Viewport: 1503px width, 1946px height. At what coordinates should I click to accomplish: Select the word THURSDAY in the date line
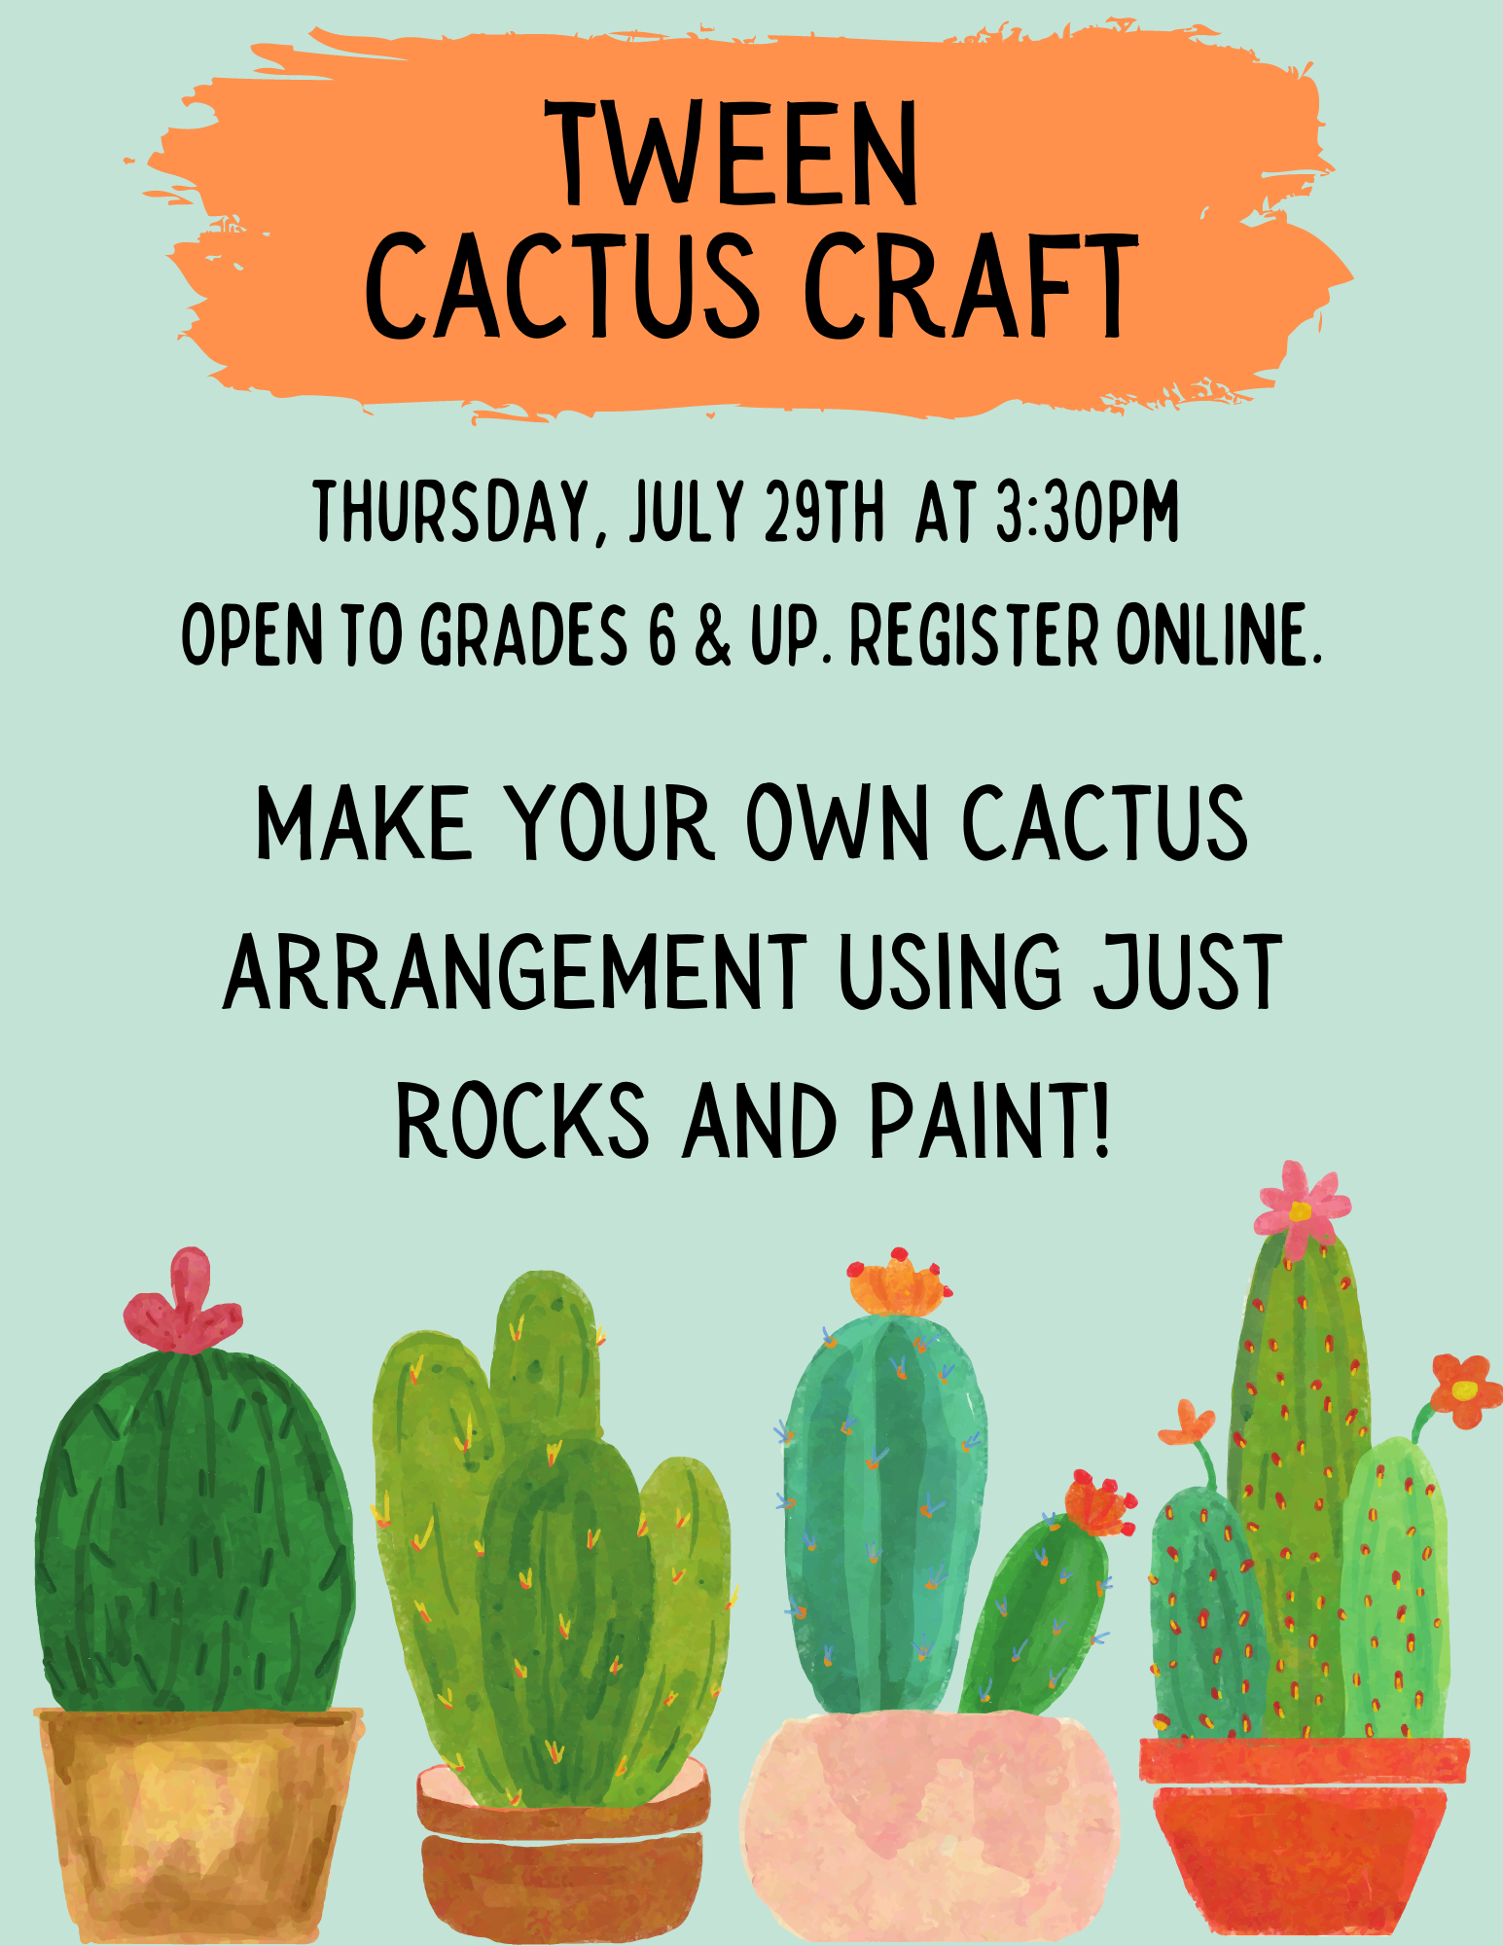pos(452,512)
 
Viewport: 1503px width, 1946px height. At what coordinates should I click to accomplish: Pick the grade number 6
pos(662,634)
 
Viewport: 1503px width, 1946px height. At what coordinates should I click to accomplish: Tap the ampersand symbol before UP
pos(713,634)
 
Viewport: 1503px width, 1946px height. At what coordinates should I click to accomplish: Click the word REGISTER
pos(974,634)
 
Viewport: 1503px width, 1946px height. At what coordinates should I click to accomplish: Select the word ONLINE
pos(1219,634)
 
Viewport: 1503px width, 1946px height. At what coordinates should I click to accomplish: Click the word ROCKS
pos(522,1121)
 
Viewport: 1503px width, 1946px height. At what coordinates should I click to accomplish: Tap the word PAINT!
pos(989,1121)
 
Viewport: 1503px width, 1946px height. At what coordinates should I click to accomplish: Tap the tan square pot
pos(198,1824)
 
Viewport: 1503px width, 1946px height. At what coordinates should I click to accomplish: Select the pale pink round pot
pos(930,1829)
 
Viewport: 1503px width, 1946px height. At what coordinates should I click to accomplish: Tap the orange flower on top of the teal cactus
pos(897,1282)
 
